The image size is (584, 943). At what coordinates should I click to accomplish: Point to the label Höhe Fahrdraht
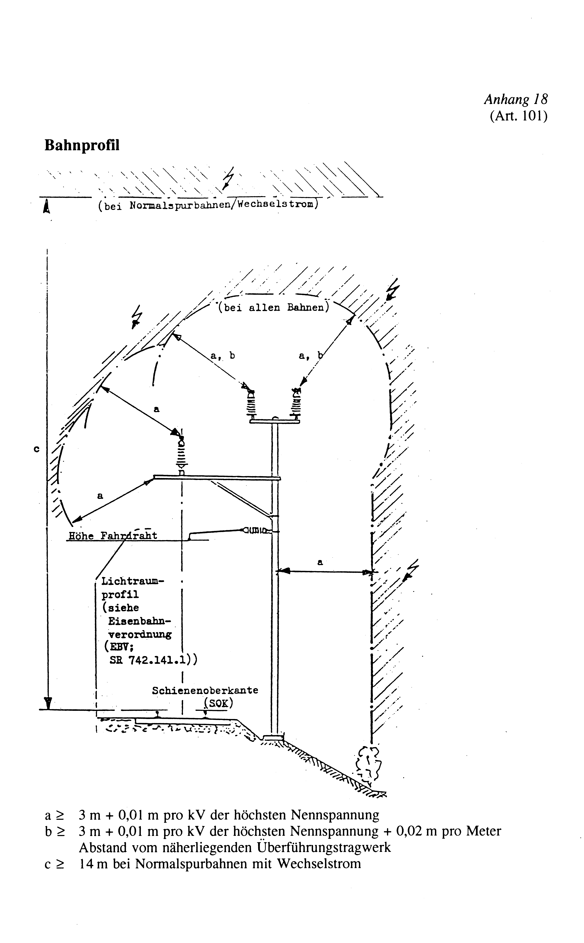pos(113,536)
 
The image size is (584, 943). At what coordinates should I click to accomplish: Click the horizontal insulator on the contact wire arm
pos(256,530)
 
